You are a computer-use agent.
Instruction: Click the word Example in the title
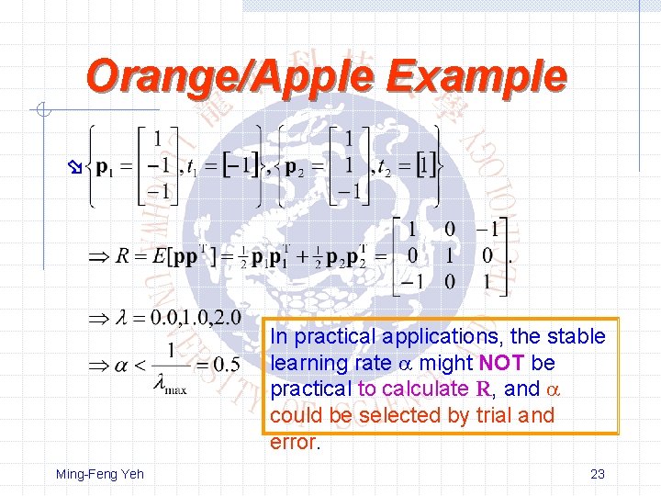pos(476,76)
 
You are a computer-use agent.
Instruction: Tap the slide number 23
pos(597,474)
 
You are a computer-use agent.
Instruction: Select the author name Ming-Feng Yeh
pos(100,474)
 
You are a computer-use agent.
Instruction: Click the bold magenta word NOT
pos(502,363)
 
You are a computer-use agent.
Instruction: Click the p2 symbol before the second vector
pos(297,168)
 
